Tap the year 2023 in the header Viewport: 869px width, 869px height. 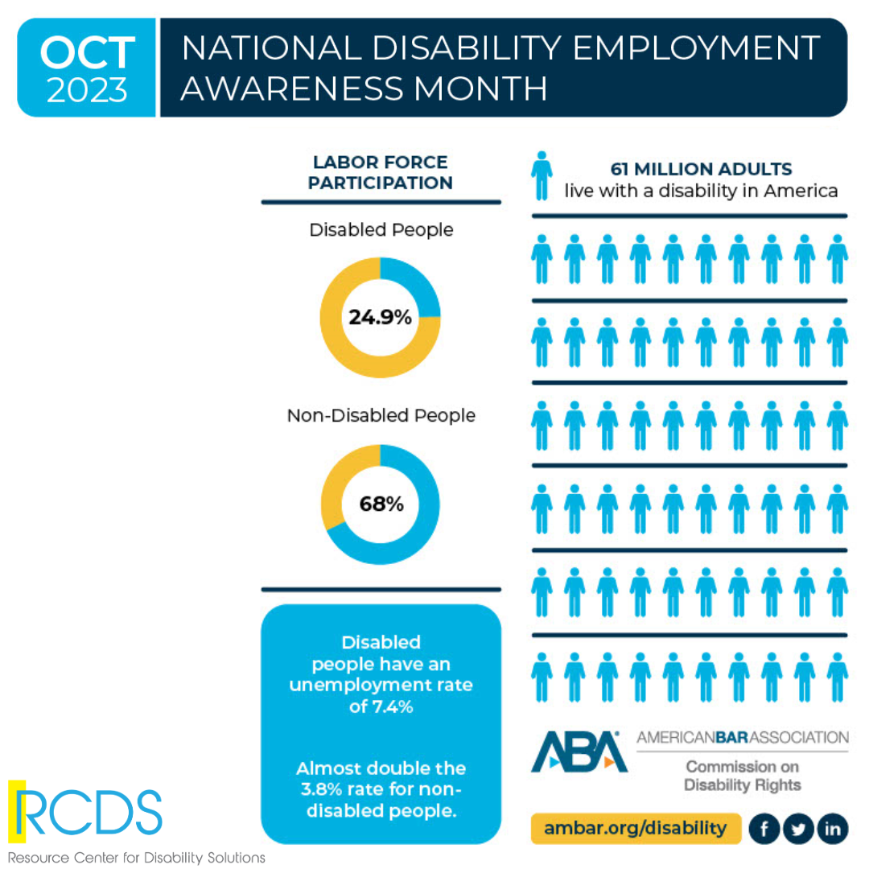pyautogui.click(x=87, y=90)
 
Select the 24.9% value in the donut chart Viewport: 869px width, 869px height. pyautogui.click(x=380, y=317)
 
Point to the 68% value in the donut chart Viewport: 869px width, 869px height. pyautogui.click(x=381, y=505)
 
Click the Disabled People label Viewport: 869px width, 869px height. pyautogui.click(x=381, y=230)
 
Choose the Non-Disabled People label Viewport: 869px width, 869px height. pyautogui.click(x=381, y=416)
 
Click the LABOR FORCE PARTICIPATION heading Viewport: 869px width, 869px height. pyautogui.click(x=381, y=173)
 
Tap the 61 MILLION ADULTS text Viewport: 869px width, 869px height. pyautogui.click(x=701, y=169)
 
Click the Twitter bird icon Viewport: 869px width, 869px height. pyautogui.click(x=798, y=829)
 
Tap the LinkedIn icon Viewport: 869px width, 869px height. pyautogui.click(x=834, y=829)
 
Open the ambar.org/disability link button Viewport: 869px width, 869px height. pyautogui.click(x=634, y=827)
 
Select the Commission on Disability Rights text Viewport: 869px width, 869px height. pyautogui.click(x=742, y=775)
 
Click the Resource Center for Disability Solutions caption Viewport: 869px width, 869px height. pyautogui.click(x=137, y=857)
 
